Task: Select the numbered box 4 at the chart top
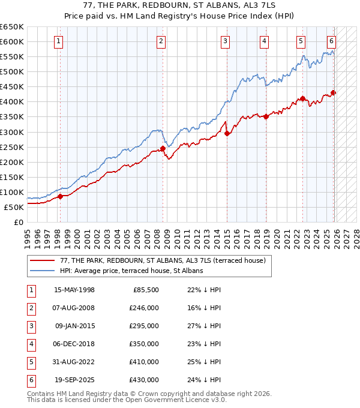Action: coord(265,41)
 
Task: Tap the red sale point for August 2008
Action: coord(163,148)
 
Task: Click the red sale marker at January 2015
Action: coord(227,134)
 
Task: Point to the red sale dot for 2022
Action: coord(303,99)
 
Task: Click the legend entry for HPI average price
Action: coord(131,271)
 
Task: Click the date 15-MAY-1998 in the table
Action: coord(74,290)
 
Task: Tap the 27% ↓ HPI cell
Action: coord(204,326)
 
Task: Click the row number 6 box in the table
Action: coord(30,380)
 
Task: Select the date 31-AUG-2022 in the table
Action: coord(74,362)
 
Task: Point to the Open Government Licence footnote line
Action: coord(127,400)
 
